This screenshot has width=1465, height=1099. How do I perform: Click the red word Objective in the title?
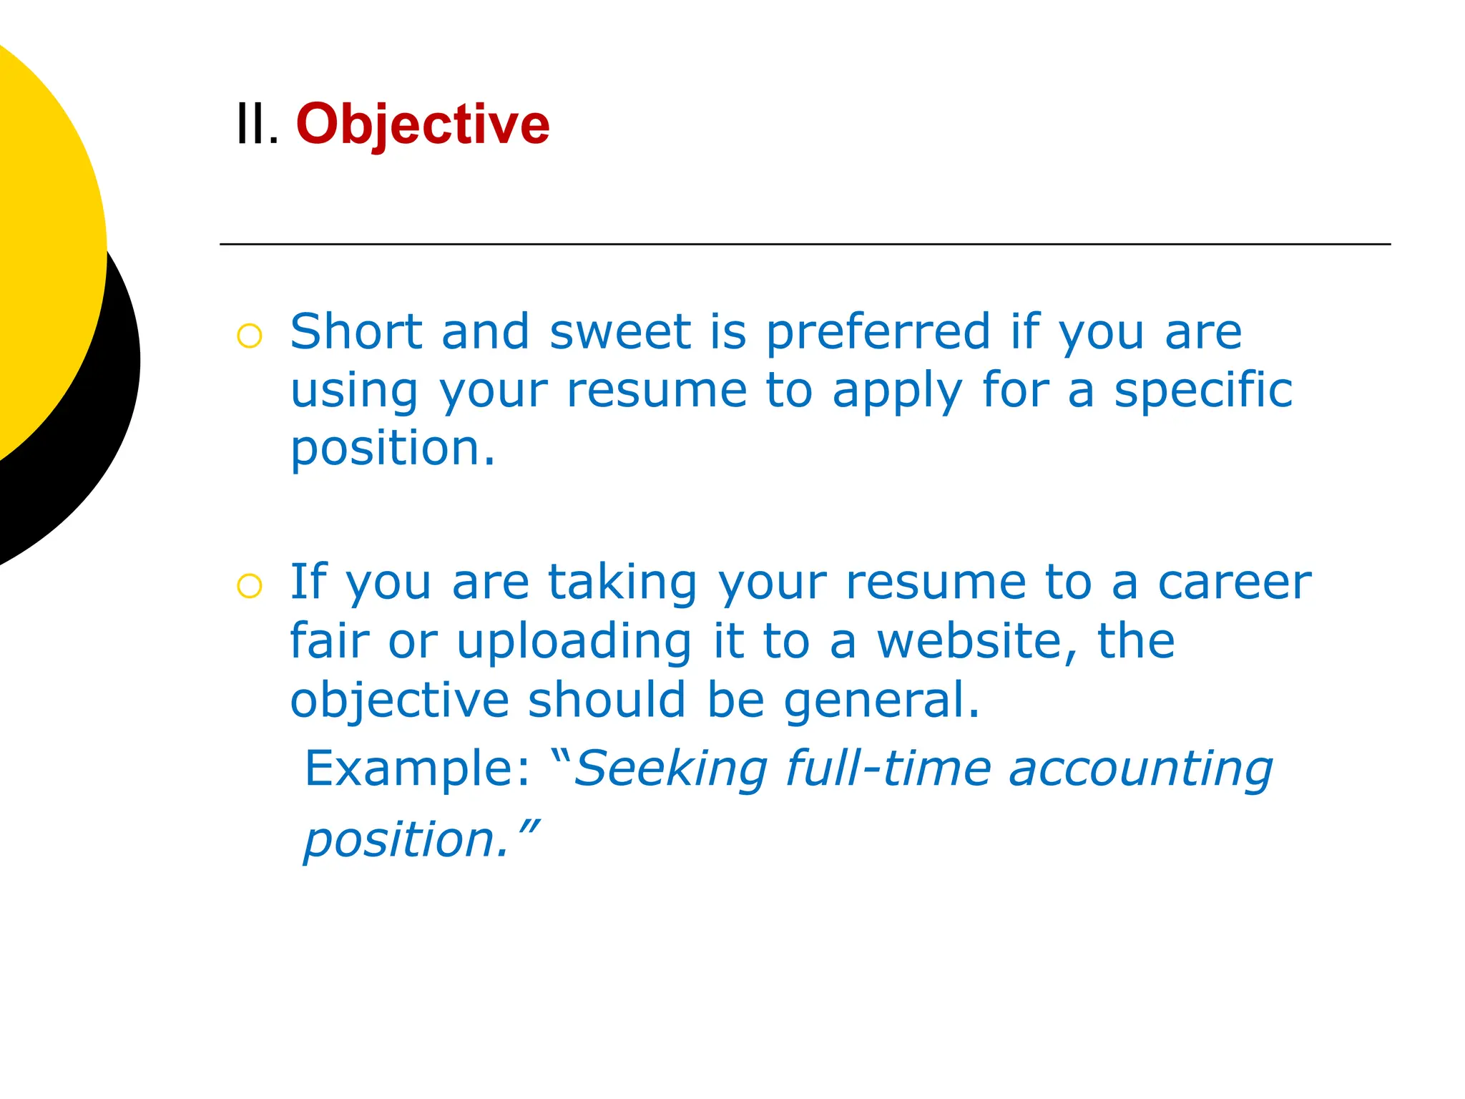click(x=423, y=124)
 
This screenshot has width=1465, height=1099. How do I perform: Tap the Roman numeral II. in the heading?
click(x=257, y=124)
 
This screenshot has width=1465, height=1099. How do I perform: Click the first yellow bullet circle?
click(x=250, y=336)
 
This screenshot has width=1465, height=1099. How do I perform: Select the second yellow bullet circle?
click(x=250, y=586)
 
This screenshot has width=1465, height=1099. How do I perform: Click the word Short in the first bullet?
click(x=356, y=332)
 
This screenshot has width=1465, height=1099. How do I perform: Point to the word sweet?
click(x=619, y=332)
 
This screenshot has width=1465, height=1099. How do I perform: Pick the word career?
click(x=1235, y=582)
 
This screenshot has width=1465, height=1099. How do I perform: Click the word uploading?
click(x=574, y=643)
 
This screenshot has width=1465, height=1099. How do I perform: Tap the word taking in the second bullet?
click(x=622, y=584)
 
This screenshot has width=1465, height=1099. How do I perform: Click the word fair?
click(x=329, y=641)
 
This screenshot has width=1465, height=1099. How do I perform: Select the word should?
click(x=607, y=700)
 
